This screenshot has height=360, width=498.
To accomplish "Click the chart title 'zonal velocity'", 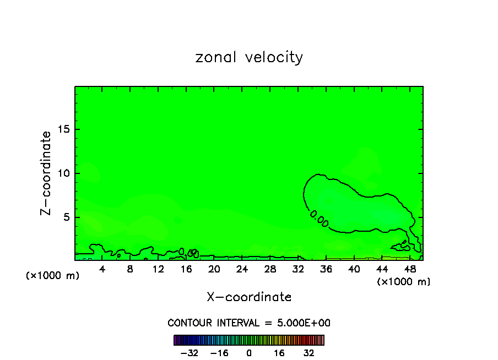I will pyautogui.click(x=249, y=57).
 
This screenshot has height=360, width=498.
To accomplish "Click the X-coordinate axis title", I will pyautogui.click(x=249, y=297).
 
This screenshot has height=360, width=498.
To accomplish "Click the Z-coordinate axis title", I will pyautogui.click(x=47, y=173).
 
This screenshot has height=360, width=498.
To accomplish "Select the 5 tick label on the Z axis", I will pyautogui.click(x=65, y=217).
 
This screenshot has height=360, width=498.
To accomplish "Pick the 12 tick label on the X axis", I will pyautogui.click(x=158, y=269).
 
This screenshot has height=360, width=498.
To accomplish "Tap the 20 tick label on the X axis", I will pyautogui.click(x=214, y=269).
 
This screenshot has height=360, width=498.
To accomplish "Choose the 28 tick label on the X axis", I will pyautogui.click(x=270, y=269).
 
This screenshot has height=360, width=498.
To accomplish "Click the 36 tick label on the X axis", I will pyautogui.click(x=326, y=269).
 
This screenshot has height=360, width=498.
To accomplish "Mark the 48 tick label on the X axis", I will pyautogui.click(x=409, y=269).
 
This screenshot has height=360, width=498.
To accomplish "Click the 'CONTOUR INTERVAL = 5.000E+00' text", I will pyautogui.click(x=249, y=323).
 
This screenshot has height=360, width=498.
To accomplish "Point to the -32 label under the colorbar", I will pyautogui.click(x=190, y=353).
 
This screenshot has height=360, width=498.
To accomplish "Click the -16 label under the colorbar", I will pyautogui.click(x=219, y=353).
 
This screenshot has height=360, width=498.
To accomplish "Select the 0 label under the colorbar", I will pyautogui.click(x=249, y=353).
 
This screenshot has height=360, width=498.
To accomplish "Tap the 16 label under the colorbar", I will pyautogui.click(x=279, y=353).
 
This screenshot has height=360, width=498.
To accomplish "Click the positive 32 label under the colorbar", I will pyautogui.click(x=309, y=353).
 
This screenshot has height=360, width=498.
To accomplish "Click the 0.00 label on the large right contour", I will pyautogui.click(x=319, y=219).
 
